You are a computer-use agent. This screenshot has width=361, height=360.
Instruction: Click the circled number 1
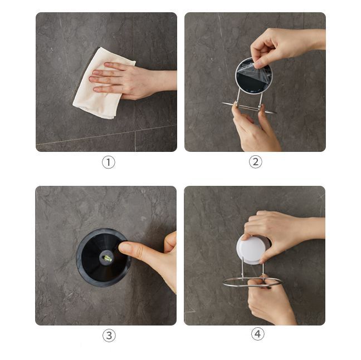pos(109,162)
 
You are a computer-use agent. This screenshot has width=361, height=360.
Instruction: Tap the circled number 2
pos(256,162)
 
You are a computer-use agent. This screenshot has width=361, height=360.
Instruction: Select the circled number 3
pos(109,336)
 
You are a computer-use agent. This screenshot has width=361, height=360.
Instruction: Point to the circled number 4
pos(257,334)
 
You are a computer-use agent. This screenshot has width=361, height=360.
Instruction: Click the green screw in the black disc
pos(108,258)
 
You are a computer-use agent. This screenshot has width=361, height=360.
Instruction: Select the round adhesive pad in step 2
pos(253,76)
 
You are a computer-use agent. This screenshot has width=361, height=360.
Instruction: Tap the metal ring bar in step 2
pos(248,107)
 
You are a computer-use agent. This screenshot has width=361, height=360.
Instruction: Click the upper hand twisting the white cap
pos(283,232)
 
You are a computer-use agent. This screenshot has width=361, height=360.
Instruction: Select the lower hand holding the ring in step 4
pos(270,301)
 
